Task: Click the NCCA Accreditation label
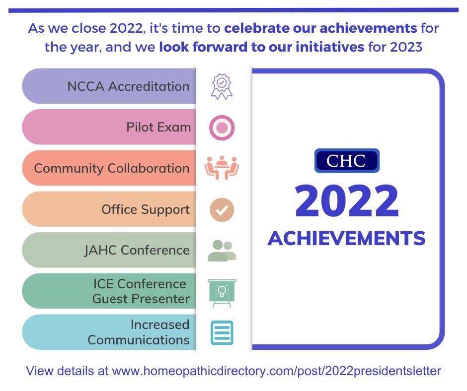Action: pyautogui.click(x=128, y=86)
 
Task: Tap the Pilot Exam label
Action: pyautogui.click(x=158, y=127)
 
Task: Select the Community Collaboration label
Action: pyautogui.click(x=112, y=168)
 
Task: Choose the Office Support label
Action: pyautogui.click(x=146, y=209)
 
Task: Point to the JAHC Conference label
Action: pyautogui.click(x=137, y=250)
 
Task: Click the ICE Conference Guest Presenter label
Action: pyautogui.click(x=141, y=291)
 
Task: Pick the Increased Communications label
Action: pyautogui.click(x=139, y=332)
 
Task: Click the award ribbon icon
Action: pyautogui.click(x=222, y=86)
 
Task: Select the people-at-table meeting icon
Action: pyautogui.click(x=222, y=168)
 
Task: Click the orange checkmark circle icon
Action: pyautogui.click(x=222, y=209)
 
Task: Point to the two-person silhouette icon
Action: pyautogui.click(x=222, y=251)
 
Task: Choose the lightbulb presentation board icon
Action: pyautogui.click(x=222, y=292)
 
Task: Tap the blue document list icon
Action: pyautogui.click(x=222, y=332)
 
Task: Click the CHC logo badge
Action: pyautogui.click(x=347, y=161)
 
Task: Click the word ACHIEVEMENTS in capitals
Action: pyautogui.click(x=347, y=239)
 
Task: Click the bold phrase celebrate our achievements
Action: pyautogui.click(x=320, y=28)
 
